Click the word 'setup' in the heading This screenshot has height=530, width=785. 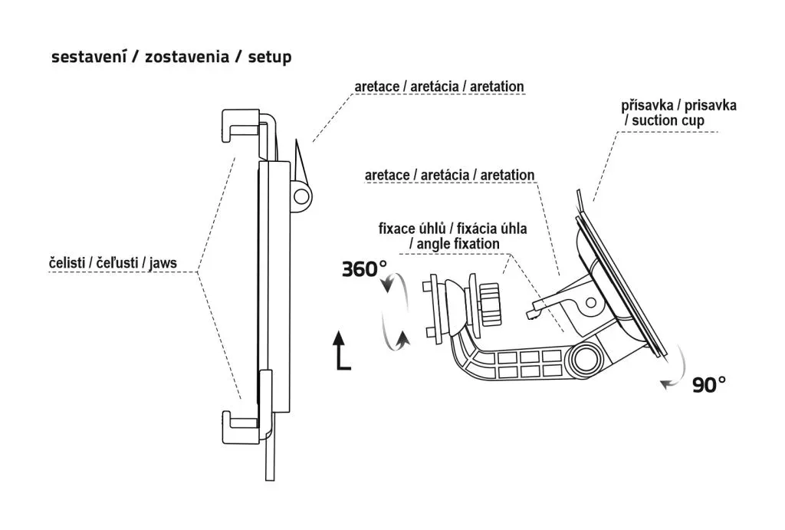pyautogui.click(x=269, y=58)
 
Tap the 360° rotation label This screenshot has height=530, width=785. pyautogui.click(x=365, y=269)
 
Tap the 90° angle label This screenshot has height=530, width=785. pyautogui.click(x=708, y=384)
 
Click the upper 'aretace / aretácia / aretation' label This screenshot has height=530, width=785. pyautogui.click(x=439, y=86)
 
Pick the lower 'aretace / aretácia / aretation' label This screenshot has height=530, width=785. pyautogui.click(x=450, y=176)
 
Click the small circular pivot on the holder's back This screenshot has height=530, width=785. pyautogui.click(x=302, y=196)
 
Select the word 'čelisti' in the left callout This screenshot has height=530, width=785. pyautogui.click(x=64, y=263)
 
